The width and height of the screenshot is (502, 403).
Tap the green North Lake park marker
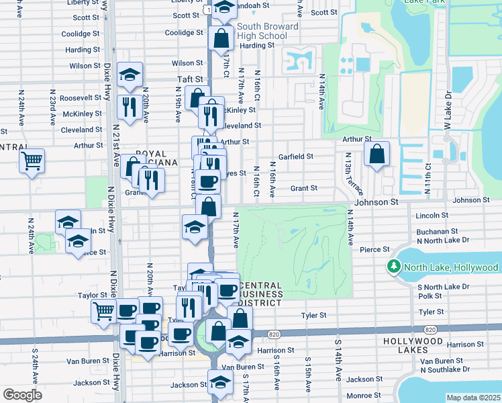(x=393, y=267)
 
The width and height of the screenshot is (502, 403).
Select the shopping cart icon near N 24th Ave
(x=32, y=161)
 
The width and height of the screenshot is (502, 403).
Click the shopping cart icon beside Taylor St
(x=104, y=311)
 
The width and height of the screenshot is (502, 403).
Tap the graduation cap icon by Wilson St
(x=130, y=75)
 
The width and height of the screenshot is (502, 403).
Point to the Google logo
(x=22, y=395)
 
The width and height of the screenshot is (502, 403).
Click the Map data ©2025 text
(x=472, y=398)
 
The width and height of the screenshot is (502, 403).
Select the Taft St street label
(x=189, y=79)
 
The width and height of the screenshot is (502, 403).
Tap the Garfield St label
(x=296, y=156)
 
